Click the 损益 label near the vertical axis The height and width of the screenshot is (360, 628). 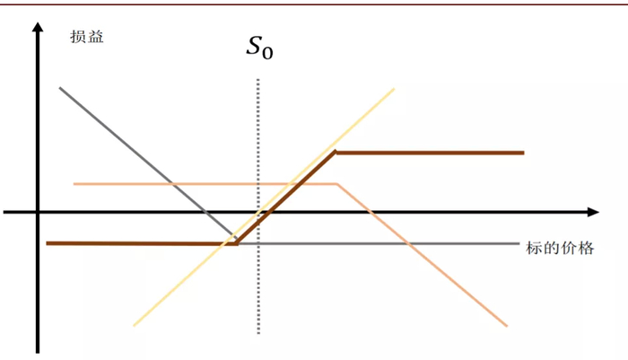87,37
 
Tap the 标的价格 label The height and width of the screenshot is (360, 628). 560,248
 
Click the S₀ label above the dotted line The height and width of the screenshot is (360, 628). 259,48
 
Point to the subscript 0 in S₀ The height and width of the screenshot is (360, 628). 268,53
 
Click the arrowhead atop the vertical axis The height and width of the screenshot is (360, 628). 38,27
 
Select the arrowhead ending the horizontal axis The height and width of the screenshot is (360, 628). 593,212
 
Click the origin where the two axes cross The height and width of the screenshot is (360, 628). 38,212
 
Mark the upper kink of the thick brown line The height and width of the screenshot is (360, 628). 336,153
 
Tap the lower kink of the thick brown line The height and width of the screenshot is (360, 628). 237,243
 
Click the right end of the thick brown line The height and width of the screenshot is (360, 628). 523,153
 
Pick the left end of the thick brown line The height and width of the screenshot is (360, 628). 47,243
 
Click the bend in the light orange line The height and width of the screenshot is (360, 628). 337,184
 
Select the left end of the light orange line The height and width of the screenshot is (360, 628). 74,184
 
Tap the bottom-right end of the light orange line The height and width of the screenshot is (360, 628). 507,326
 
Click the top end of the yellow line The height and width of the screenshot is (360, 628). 394,89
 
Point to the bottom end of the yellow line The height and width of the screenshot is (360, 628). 134,326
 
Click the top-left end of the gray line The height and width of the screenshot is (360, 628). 60,87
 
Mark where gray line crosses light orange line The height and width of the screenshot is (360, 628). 172,184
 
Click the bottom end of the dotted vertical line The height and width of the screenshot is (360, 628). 258,333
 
